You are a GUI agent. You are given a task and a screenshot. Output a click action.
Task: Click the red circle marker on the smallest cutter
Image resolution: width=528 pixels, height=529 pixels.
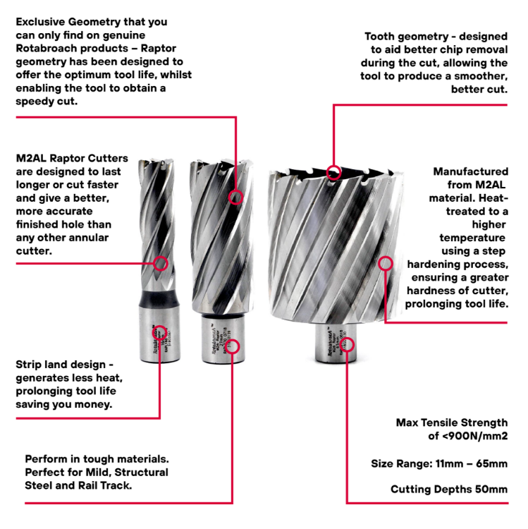click(x=161, y=264)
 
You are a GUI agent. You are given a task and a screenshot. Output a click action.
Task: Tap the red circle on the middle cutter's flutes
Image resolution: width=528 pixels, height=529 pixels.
click(x=236, y=197)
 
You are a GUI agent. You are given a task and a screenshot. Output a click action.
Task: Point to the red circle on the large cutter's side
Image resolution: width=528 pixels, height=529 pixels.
click(x=385, y=264)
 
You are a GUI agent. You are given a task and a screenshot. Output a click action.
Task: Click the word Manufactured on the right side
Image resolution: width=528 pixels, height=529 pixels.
click(x=470, y=171)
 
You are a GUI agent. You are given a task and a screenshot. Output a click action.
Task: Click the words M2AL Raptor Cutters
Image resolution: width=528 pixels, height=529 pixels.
click(x=73, y=159)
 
